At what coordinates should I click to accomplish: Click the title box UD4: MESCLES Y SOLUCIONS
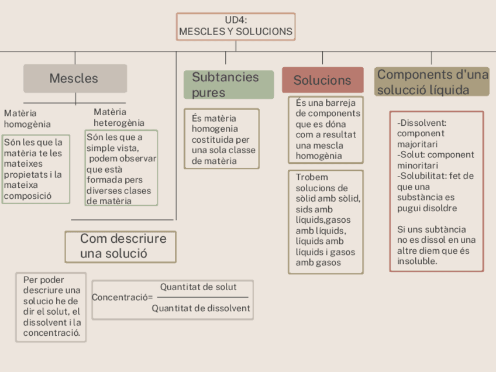click(236, 26)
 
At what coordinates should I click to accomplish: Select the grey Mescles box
click(75, 78)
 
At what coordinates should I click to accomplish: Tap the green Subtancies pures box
click(229, 85)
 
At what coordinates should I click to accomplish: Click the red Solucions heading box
click(322, 80)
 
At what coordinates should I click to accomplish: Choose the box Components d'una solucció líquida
click(432, 82)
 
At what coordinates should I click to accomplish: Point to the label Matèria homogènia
click(27, 118)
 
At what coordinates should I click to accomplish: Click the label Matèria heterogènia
click(119, 117)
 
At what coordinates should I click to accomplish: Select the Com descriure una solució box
click(120, 247)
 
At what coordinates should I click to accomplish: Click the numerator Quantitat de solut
click(198, 287)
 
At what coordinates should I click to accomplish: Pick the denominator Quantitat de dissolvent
click(201, 308)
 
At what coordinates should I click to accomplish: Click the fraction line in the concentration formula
click(202, 298)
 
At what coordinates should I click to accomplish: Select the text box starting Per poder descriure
click(51, 306)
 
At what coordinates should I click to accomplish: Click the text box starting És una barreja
click(326, 129)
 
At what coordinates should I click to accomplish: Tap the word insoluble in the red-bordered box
click(417, 261)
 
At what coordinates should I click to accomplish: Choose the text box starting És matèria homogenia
click(222, 139)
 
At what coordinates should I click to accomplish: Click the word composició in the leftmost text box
click(27, 196)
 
